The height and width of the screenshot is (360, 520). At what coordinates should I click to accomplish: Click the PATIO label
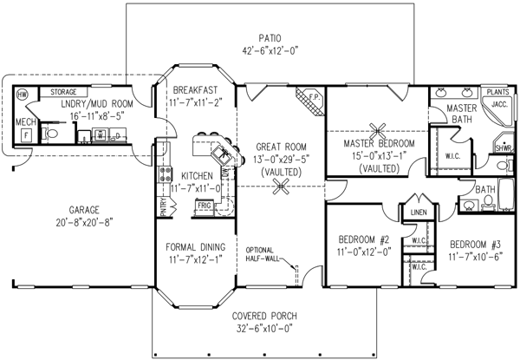click(270, 37)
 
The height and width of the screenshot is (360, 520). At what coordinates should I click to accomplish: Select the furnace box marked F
click(25, 135)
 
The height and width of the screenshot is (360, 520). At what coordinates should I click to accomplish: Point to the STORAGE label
click(64, 91)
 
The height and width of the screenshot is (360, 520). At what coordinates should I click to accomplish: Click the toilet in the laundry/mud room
click(51, 134)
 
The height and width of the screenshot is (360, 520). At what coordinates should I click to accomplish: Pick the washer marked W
click(101, 135)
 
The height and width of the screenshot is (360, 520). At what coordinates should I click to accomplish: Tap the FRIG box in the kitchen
click(205, 206)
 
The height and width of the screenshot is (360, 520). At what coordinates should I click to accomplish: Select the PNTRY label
click(163, 206)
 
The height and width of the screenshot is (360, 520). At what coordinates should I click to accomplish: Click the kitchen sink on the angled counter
click(226, 157)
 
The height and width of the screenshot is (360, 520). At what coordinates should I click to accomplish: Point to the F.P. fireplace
click(314, 99)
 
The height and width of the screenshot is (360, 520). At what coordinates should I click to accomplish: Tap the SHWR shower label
click(504, 147)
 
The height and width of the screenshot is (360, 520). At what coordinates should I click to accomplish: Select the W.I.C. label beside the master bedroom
click(451, 157)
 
